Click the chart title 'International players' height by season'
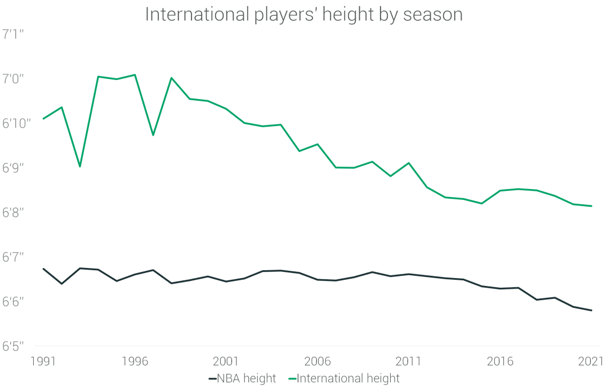pyautogui.click(x=304, y=14)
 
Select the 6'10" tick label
pyautogui.click(x=16, y=124)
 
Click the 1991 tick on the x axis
pyautogui.click(x=43, y=361)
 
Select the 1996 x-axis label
pyautogui.click(x=135, y=361)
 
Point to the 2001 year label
pyautogui.click(x=226, y=361)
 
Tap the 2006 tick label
pyautogui.click(x=318, y=361)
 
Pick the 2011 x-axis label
pyautogui.click(x=409, y=361)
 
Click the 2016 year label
pyautogui.click(x=500, y=361)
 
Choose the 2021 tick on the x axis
pyautogui.click(x=591, y=361)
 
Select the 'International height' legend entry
pyautogui.click(x=347, y=378)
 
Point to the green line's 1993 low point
pyautogui.click(x=80, y=167)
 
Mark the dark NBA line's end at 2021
pyautogui.click(x=591, y=310)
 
